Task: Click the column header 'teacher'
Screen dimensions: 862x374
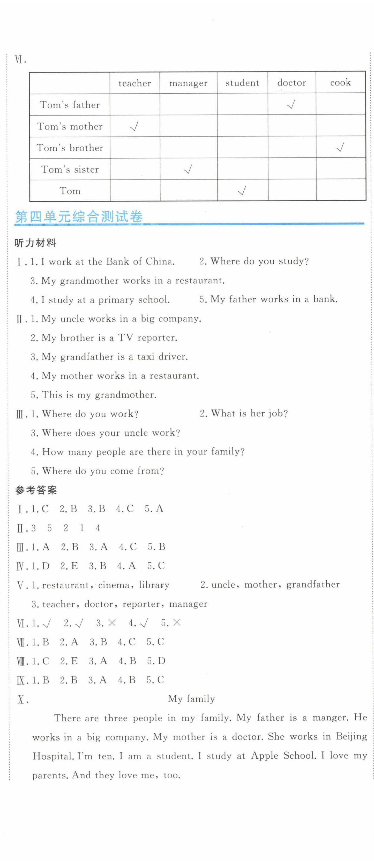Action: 135,83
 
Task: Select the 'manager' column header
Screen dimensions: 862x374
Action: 188,83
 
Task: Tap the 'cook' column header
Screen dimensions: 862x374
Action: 340,82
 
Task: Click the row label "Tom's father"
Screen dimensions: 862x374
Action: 70,105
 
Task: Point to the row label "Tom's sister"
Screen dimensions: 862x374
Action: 70,169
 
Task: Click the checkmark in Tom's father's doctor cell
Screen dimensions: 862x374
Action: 291,105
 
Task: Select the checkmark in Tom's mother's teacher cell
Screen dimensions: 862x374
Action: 134,126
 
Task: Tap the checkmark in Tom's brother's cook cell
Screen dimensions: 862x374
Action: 340,147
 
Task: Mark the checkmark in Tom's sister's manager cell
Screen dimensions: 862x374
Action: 188,169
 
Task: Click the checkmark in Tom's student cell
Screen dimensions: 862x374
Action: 242,191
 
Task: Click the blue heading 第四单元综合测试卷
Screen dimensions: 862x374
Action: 79,217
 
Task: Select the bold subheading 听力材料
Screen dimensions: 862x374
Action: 35,243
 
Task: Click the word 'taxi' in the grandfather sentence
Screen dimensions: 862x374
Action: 145,356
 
